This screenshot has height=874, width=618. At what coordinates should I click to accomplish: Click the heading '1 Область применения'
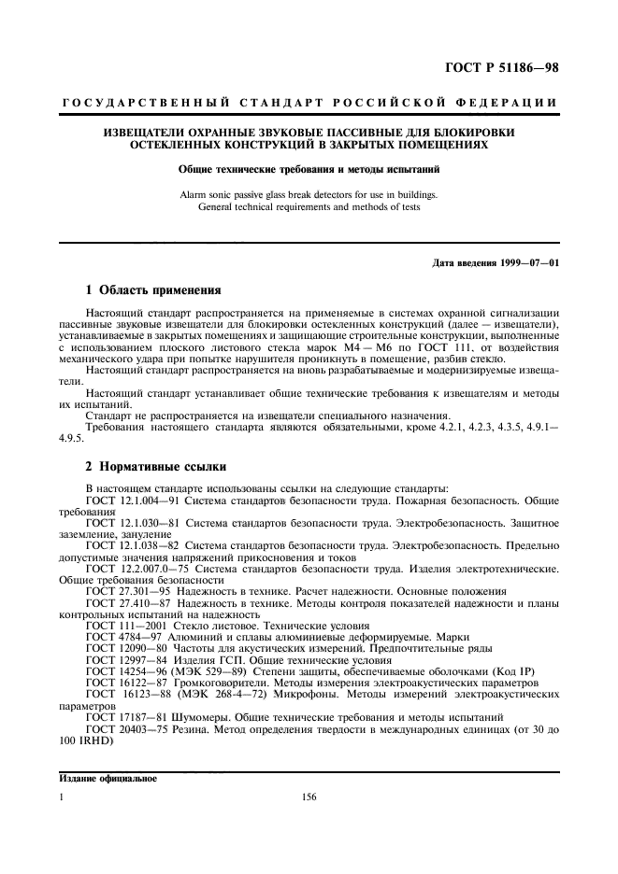tap(152, 290)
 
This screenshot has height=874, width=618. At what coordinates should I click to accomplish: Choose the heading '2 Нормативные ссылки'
tap(153, 466)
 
